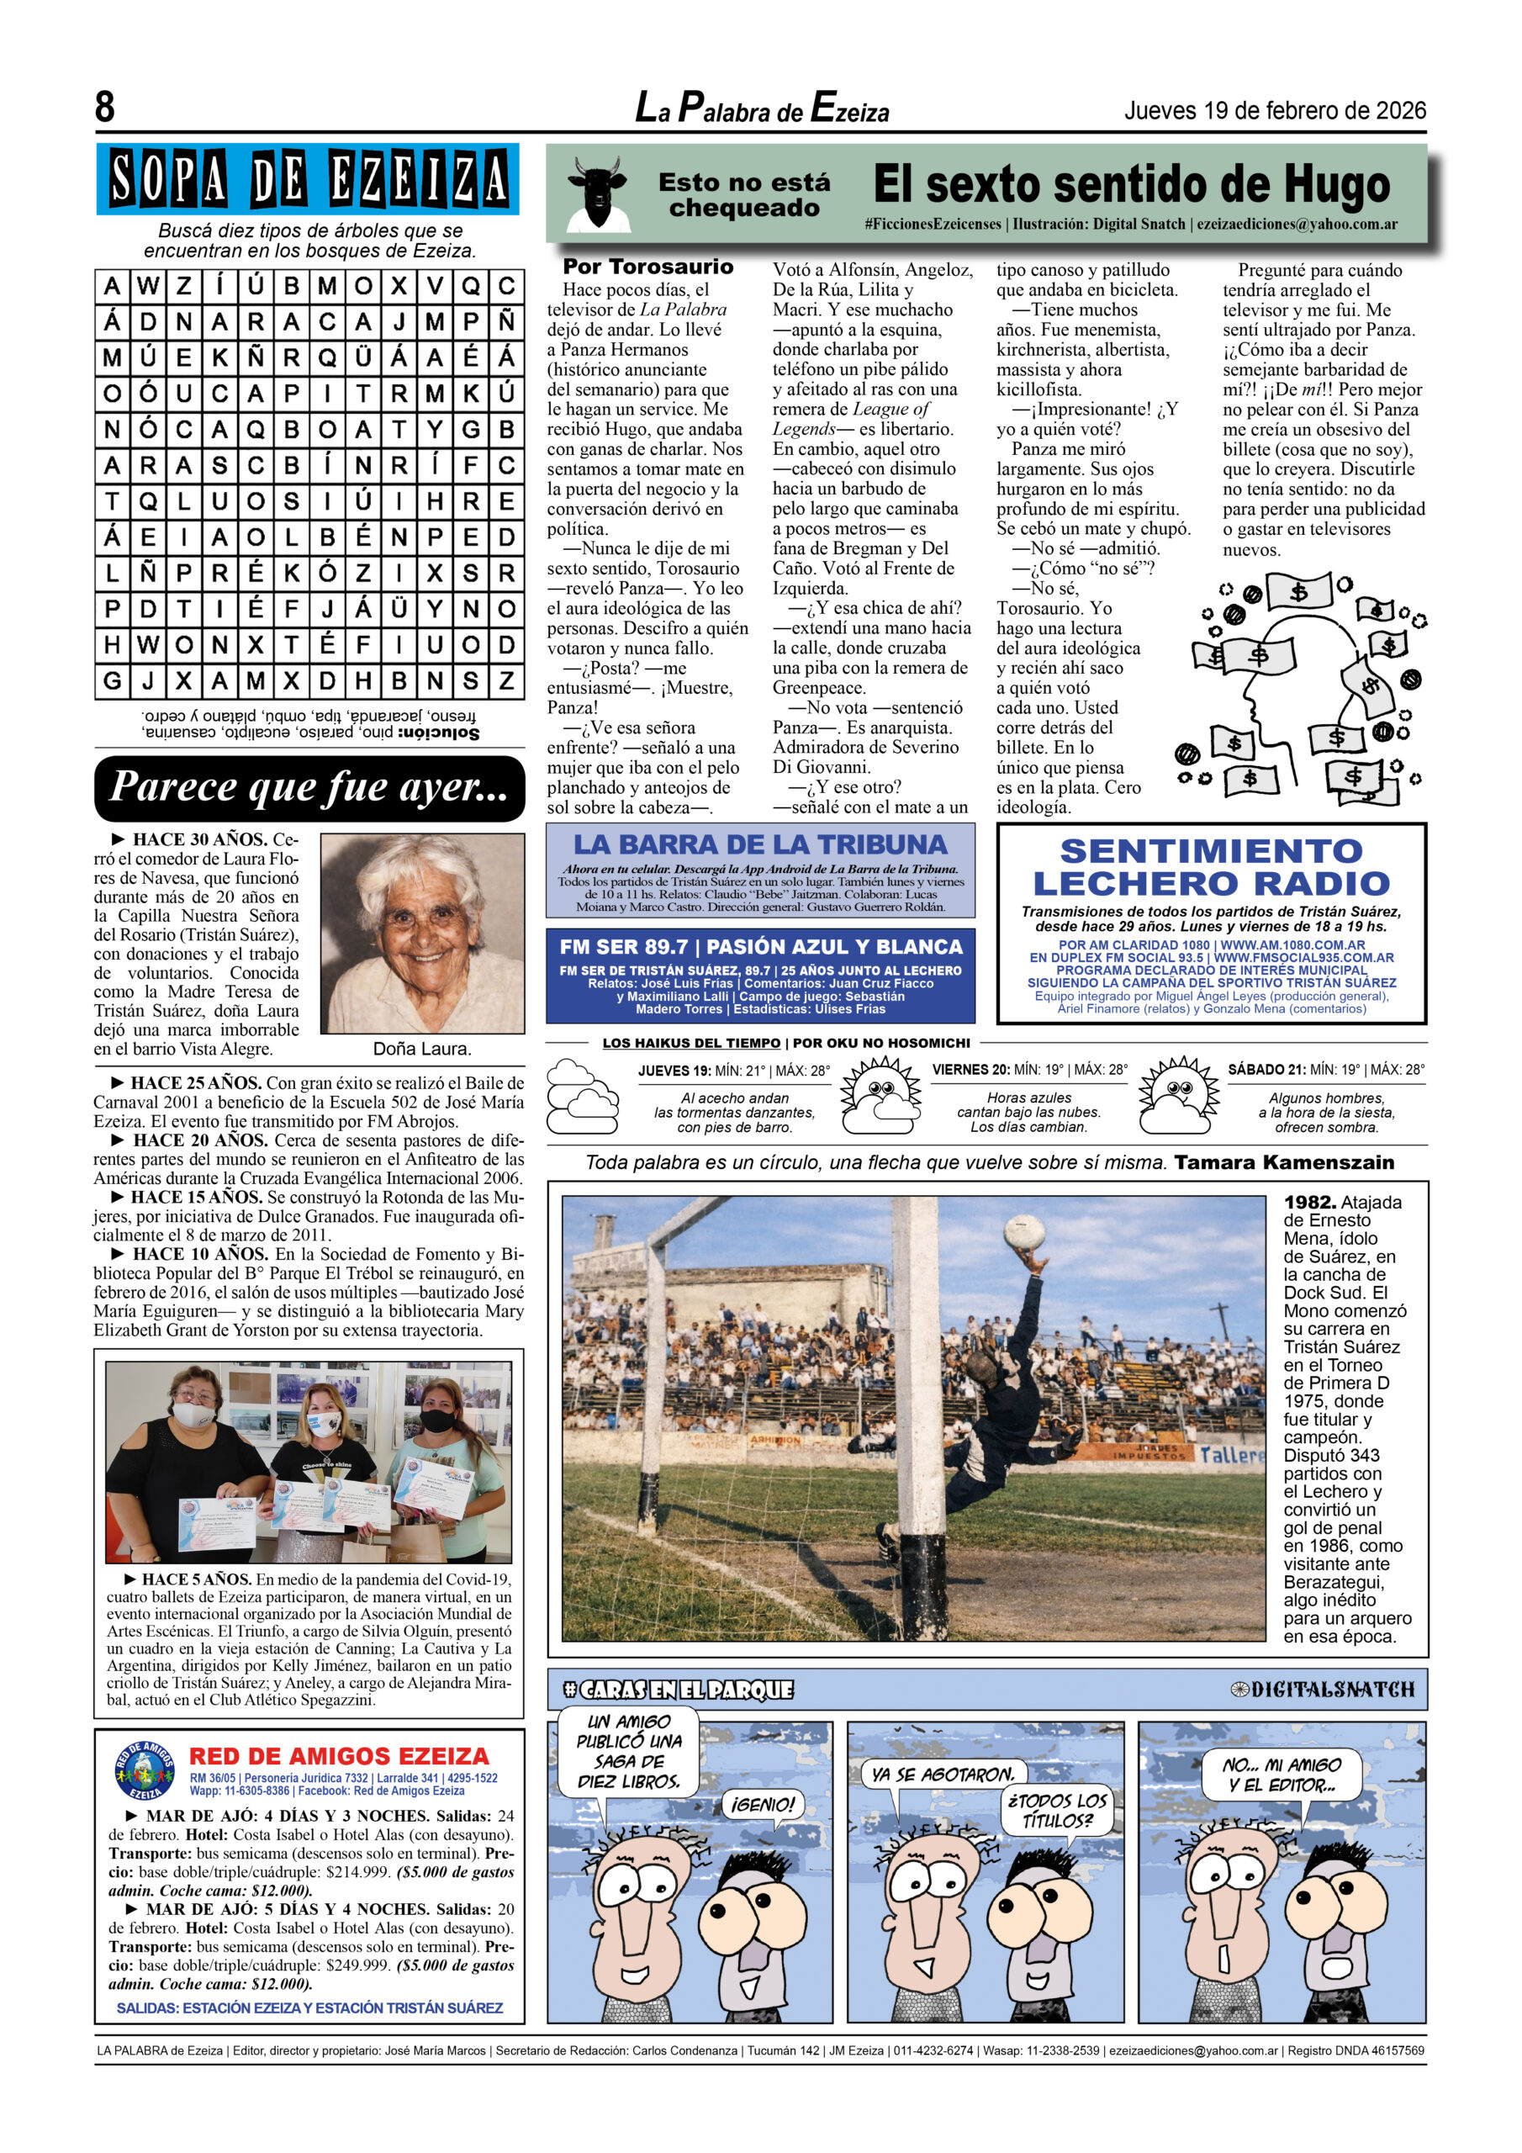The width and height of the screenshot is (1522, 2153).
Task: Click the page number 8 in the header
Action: point(105,107)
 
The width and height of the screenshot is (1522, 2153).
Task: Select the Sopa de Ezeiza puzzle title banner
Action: point(308,179)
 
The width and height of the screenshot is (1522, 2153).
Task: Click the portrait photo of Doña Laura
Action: point(422,934)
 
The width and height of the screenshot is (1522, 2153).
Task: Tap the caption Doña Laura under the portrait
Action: point(422,1049)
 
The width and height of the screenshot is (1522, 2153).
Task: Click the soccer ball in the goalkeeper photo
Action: point(1024,1232)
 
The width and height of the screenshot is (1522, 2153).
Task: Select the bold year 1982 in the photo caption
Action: point(1309,1202)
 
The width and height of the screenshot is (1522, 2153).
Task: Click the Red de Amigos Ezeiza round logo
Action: point(145,1770)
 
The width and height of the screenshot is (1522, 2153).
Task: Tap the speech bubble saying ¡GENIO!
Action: point(764,1803)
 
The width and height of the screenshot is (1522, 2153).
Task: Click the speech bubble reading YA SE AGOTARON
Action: point(943,1775)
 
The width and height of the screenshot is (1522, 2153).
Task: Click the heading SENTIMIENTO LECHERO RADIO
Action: point(1211,867)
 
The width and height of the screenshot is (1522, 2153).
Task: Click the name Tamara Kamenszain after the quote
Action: point(1284,1163)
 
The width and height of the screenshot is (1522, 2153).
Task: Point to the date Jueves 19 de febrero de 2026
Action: point(1275,111)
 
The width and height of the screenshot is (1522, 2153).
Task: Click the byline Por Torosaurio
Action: point(648,267)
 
